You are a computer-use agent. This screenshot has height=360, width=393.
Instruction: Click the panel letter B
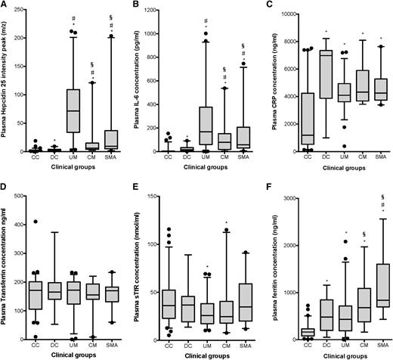(x=139, y=6)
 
